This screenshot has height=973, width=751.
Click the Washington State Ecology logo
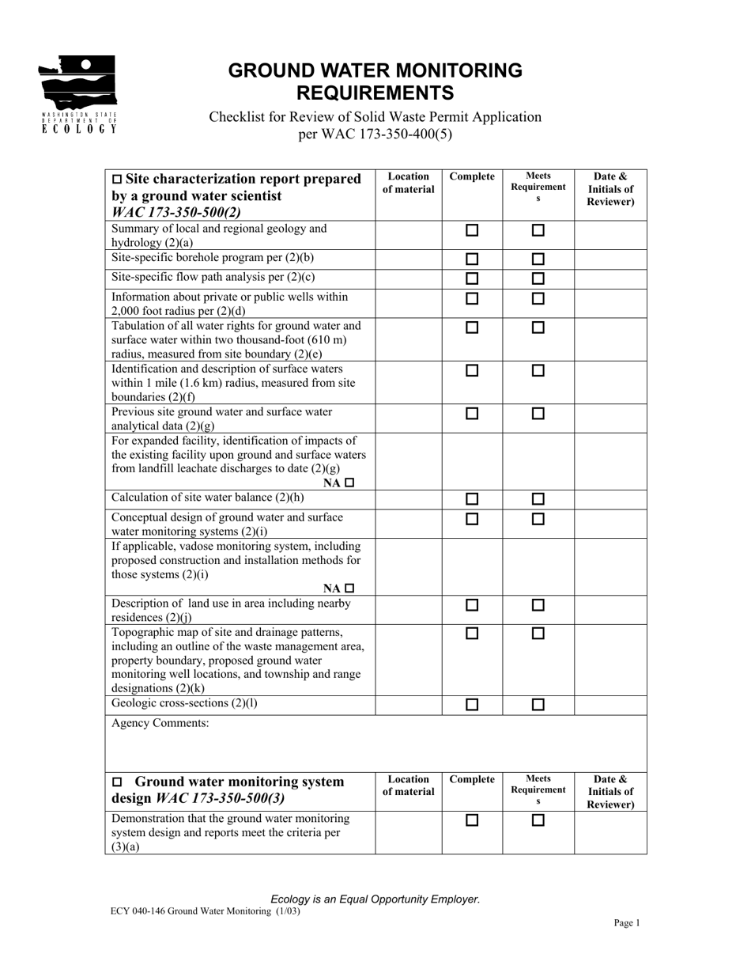click(x=78, y=93)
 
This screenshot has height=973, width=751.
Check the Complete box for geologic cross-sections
click(x=472, y=705)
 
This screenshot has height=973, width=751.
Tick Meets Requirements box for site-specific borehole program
click(x=538, y=259)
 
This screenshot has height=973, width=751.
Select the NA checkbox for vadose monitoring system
click(x=350, y=588)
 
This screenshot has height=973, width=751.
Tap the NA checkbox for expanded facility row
click(x=350, y=483)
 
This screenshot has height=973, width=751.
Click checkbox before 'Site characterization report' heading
click(x=118, y=180)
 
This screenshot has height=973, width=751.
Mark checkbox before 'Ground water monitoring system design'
click(x=118, y=782)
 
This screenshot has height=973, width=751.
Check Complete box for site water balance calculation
click(x=472, y=499)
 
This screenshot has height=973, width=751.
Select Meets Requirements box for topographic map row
click(x=538, y=633)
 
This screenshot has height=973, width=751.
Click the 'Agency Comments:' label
click(x=160, y=723)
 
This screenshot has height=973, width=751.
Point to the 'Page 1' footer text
click(x=626, y=922)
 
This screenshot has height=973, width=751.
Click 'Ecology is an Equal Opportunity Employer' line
click(x=375, y=899)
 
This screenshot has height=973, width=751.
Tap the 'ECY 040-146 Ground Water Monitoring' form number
click(x=206, y=911)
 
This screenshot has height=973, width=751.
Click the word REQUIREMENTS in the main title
click(x=375, y=93)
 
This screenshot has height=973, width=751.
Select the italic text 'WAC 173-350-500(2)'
click(x=176, y=212)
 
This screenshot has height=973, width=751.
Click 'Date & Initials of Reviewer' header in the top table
click(x=609, y=189)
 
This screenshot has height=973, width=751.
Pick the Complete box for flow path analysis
click(x=472, y=278)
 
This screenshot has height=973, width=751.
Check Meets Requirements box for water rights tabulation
click(x=538, y=327)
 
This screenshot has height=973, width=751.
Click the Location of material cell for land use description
click(x=408, y=609)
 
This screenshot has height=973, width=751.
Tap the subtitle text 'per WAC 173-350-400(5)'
click(x=375, y=134)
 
